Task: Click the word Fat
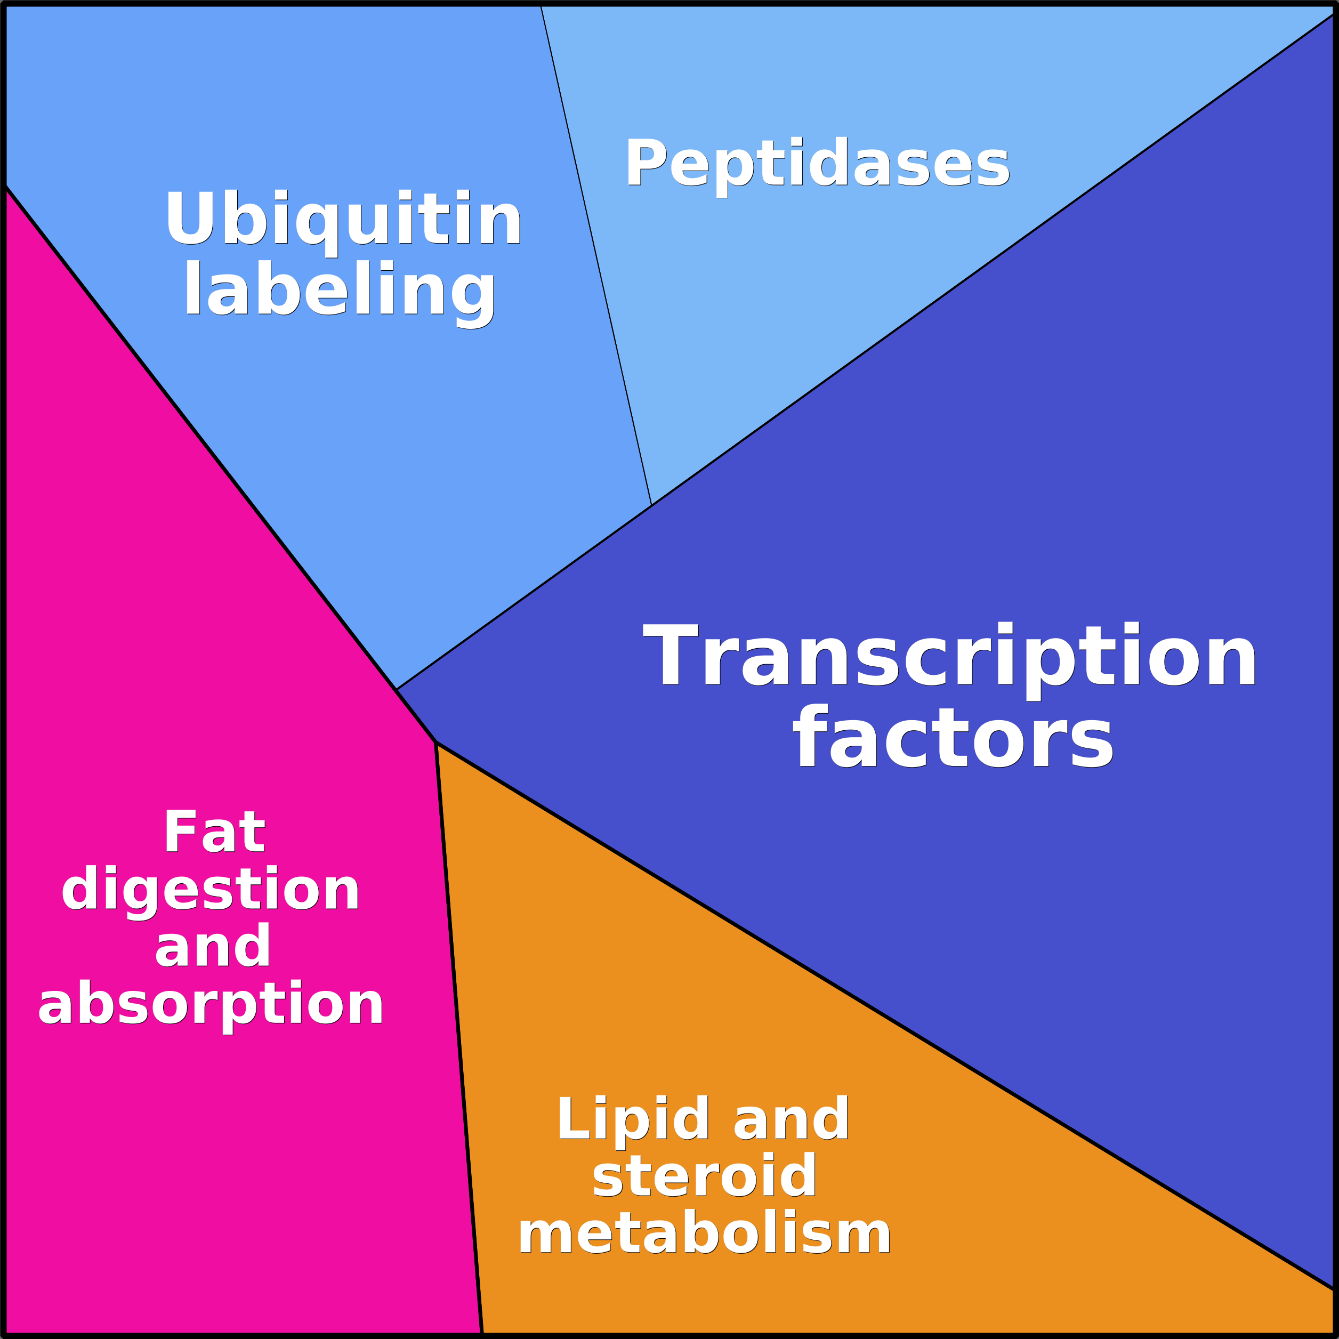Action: point(214,832)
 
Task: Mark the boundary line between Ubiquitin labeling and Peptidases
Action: point(596,255)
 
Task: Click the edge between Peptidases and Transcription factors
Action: point(993,259)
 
